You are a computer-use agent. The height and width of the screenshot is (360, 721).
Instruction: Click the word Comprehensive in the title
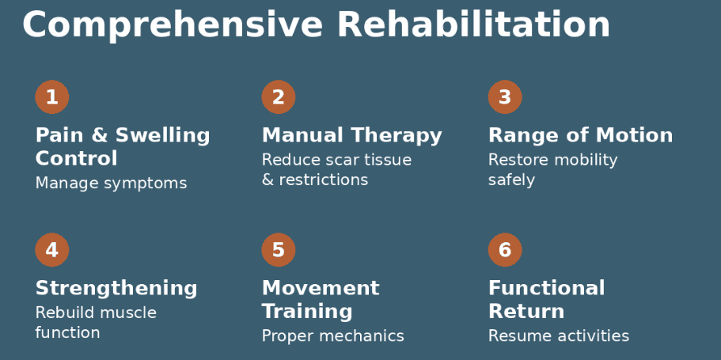point(173,25)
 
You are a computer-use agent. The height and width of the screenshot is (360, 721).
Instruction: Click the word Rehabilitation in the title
point(473,25)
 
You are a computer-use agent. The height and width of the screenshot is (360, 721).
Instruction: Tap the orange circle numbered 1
point(52,97)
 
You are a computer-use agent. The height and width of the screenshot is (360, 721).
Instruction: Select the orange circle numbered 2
point(279,97)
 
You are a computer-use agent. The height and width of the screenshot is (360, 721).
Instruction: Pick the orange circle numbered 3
point(505,97)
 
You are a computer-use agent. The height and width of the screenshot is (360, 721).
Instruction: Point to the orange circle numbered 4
point(52,250)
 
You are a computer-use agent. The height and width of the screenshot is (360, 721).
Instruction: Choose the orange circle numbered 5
point(279,250)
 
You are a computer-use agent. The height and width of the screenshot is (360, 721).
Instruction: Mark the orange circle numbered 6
point(505,250)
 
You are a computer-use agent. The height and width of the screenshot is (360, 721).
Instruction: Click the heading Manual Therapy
point(351,136)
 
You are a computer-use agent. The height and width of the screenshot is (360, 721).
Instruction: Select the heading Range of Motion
point(580,136)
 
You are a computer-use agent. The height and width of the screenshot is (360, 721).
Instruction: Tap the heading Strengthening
point(116,288)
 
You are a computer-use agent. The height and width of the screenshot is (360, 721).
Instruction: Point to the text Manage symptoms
point(111,184)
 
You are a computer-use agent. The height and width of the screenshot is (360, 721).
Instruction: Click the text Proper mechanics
point(332,336)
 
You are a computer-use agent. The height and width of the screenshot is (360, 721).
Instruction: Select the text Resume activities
point(558,336)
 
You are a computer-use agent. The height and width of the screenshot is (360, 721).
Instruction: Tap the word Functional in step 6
point(546,288)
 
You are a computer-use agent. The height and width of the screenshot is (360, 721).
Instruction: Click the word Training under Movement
point(307,312)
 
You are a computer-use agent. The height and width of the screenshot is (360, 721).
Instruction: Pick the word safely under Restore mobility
point(511,180)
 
